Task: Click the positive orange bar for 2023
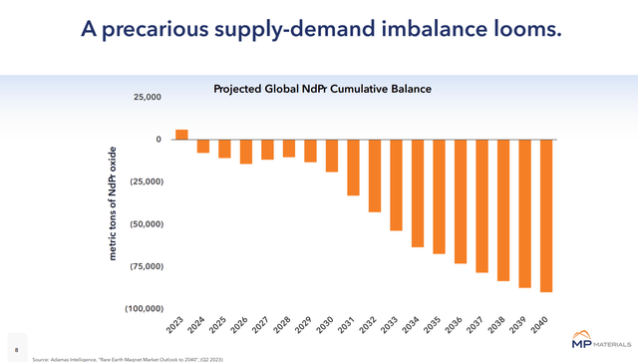181,135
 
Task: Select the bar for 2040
546,215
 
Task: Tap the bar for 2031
353,168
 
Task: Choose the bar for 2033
396,185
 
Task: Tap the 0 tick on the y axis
158,140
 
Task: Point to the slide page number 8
17,339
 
